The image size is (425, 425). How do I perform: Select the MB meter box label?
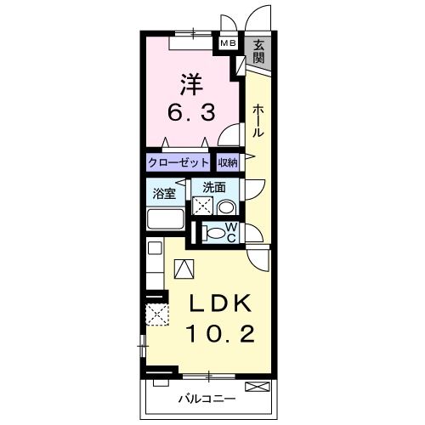(x=229, y=42)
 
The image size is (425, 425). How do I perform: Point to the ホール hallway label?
(x=257, y=122)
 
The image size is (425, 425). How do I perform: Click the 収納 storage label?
(x=227, y=161)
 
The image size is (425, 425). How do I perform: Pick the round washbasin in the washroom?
(x=227, y=206)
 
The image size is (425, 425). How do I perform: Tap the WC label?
(x=237, y=232)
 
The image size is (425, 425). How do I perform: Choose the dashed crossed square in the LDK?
(x=157, y=314)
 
